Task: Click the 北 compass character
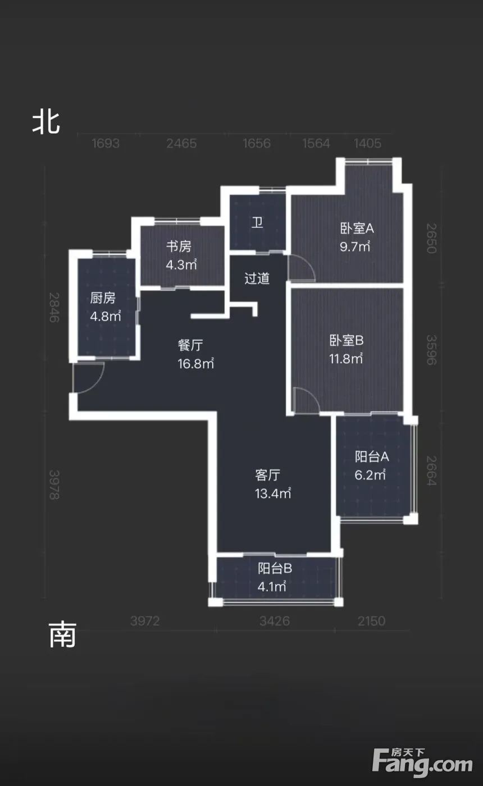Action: pos(46,123)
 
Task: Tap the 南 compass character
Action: pos(62,635)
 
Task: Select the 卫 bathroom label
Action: pos(257,222)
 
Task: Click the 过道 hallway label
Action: pos(257,278)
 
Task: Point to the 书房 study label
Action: pos(179,246)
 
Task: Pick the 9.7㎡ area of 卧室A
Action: pos(355,246)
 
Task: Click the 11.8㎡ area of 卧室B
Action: pos(346,359)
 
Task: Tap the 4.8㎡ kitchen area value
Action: pos(106,316)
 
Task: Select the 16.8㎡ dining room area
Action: pos(195,364)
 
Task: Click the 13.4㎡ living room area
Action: pos(273,493)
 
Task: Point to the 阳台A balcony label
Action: pos(372,457)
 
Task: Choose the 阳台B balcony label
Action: pos(275,568)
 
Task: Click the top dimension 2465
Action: pos(181,144)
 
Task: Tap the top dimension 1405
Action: pos(367,144)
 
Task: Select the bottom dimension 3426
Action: pos(275,621)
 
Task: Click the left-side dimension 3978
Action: pos(54,485)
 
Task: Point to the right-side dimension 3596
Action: pos(431,350)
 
